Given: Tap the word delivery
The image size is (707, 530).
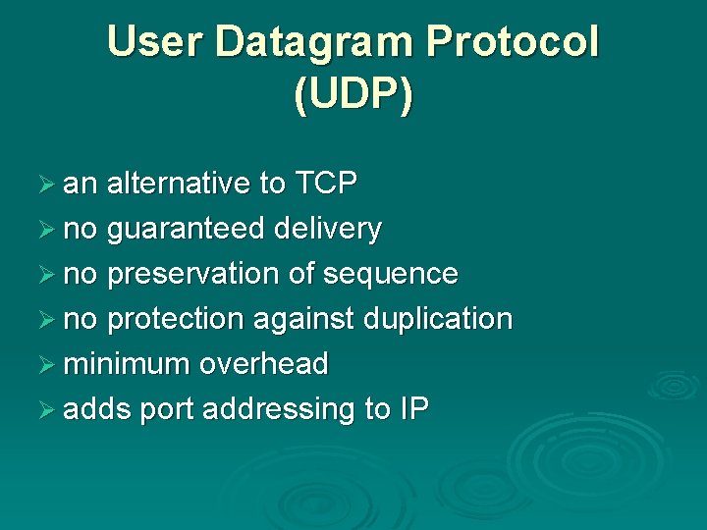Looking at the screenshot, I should (328, 229).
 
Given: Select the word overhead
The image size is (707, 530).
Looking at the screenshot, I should (263, 364).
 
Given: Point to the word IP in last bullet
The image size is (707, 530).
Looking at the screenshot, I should (413, 409).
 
